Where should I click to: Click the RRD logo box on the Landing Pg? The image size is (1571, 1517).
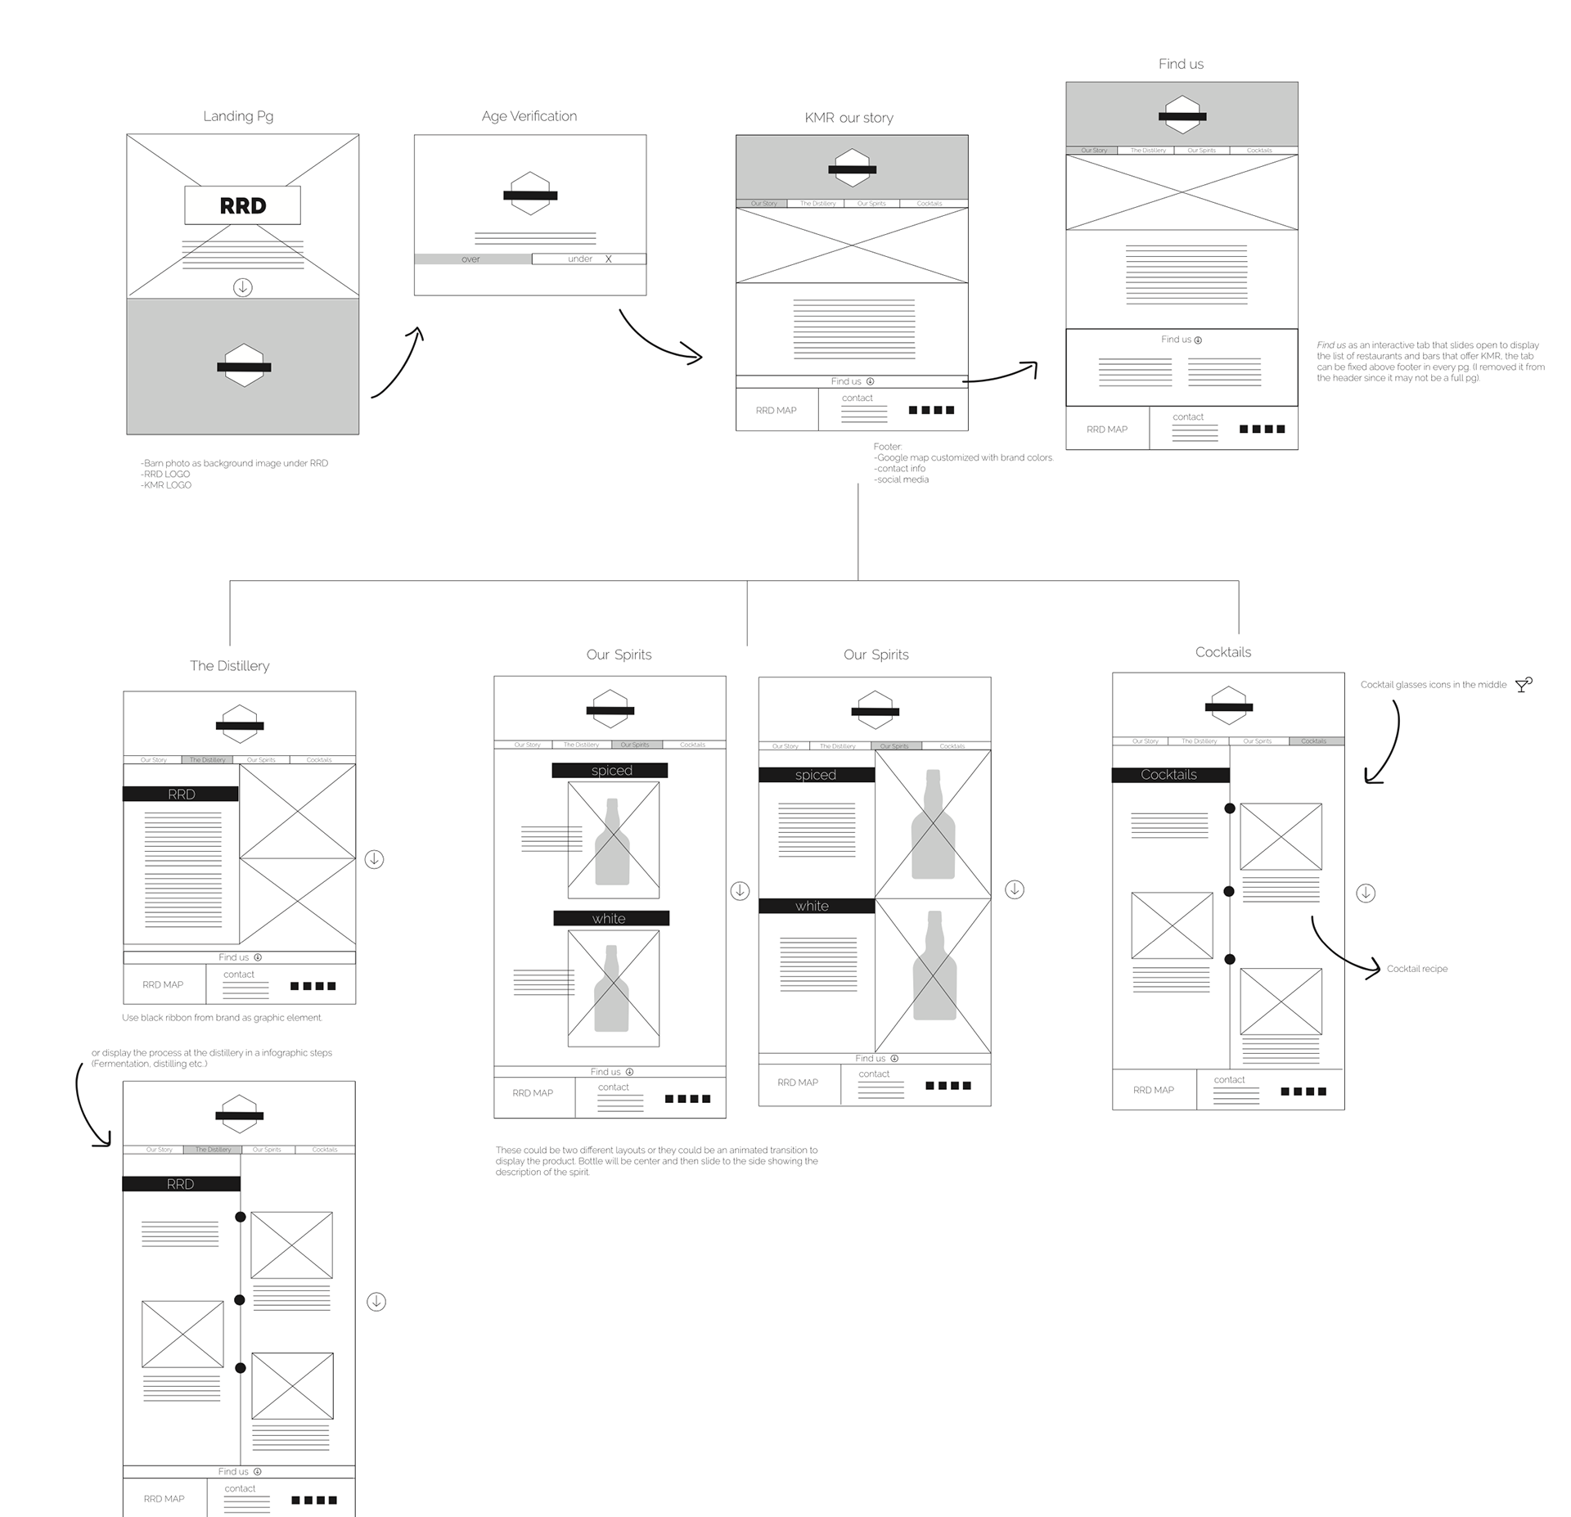[242, 205]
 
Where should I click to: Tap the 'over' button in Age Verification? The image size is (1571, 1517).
[472, 259]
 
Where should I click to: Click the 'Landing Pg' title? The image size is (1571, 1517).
[238, 116]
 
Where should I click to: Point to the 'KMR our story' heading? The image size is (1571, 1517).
[849, 118]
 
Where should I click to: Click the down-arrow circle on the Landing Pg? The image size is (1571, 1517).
[242, 287]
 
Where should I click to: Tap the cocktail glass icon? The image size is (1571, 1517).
[1523, 685]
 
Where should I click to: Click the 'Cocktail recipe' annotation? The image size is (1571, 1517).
[1417, 969]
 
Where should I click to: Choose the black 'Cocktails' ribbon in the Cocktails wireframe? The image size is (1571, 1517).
[1170, 775]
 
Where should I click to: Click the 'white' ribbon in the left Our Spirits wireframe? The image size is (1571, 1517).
[610, 918]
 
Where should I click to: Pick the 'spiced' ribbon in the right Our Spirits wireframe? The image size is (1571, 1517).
[816, 775]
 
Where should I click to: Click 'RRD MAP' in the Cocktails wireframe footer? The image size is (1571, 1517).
[1153, 1090]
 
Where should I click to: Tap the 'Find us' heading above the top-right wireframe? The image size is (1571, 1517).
[1181, 64]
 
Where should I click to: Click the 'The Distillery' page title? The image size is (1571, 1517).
[229, 666]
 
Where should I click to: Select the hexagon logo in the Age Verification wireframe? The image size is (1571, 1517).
[530, 195]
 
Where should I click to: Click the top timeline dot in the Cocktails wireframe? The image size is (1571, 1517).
[1229, 808]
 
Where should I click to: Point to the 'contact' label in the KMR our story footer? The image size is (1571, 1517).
[858, 398]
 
